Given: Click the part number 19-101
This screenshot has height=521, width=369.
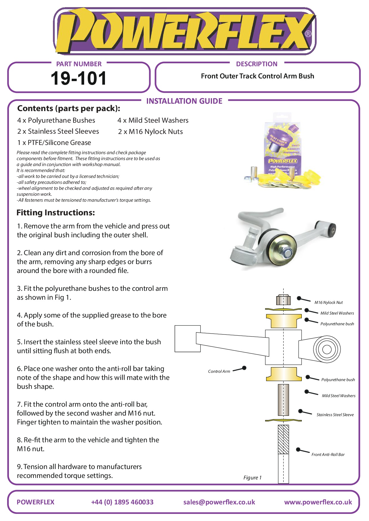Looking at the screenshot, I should tap(78, 78).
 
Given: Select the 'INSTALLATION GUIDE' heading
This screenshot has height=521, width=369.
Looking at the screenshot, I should tap(184, 101).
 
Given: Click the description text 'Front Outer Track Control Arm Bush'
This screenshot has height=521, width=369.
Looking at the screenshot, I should tap(257, 76).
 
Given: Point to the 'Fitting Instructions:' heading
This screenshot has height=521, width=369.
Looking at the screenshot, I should tap(56, 213).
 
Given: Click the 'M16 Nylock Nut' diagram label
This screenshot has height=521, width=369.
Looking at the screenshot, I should tap(328, 302).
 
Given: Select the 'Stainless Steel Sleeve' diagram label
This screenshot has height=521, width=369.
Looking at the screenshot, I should tap(335, 415).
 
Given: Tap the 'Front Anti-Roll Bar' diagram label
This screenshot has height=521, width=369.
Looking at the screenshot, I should tap(328, 454).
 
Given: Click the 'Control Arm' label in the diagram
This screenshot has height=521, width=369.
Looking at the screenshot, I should tap(219, 371).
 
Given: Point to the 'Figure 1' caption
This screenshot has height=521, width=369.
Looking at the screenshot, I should tap(252, 478).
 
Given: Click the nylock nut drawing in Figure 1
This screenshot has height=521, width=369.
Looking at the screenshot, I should tap(283, 300).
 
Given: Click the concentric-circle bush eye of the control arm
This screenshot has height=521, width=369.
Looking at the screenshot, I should tap(326, 349).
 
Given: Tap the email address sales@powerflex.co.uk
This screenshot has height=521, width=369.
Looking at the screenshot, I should tap(219, 502).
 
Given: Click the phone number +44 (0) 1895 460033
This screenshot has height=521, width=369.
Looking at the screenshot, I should tap(122, 502).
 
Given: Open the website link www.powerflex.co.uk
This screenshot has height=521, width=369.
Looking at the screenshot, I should tap(318, 502).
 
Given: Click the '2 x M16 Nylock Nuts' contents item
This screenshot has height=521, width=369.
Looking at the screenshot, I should tap(150, 132).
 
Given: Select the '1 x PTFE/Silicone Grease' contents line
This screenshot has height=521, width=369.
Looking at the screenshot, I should tap(54, 143).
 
